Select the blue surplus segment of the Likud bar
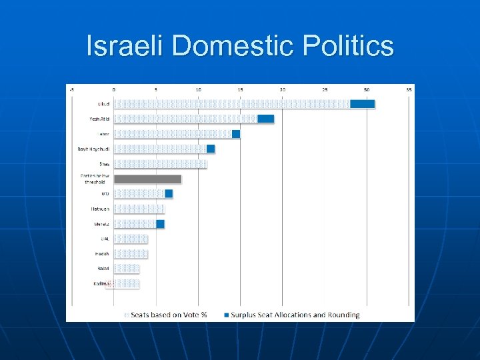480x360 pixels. point(363,103)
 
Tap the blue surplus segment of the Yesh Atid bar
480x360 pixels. point(266,119)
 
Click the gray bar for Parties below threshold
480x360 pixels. point(147,179)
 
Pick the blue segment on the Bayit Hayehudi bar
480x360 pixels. point(211,149)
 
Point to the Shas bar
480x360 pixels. point(160,164)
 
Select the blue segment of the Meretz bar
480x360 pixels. point(160,224)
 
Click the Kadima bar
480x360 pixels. point(127,284)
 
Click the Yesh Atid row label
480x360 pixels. point(100,119)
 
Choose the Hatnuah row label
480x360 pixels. point(101,209)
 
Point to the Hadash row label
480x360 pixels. point(102,254)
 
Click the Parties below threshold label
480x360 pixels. point(95,179)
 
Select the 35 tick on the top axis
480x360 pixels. point(409,89)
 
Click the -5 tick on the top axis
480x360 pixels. point(72,89)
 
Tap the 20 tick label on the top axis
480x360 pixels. point(283,89)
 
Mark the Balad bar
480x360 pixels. point(127,269)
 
